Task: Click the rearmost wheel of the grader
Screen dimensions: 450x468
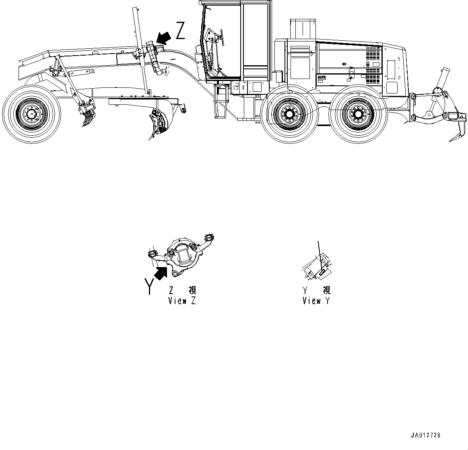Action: (x=358, y=115)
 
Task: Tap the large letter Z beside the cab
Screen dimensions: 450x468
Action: (x=180, y=31)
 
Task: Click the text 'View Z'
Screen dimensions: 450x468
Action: (x=182, y=301)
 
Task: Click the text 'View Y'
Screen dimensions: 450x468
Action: (x=316, y=301)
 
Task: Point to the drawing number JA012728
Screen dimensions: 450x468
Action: (x=425, y=435)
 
